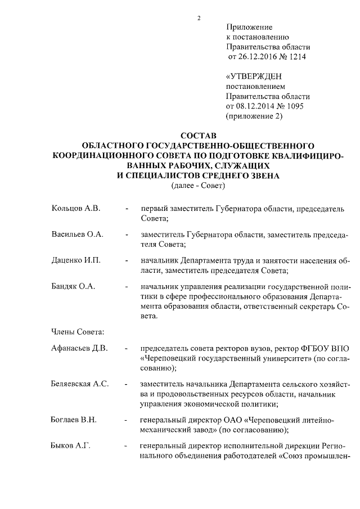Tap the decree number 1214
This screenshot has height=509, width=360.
299,57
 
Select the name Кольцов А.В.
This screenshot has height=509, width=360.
76,209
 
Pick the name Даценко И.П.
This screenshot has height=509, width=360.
76,262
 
